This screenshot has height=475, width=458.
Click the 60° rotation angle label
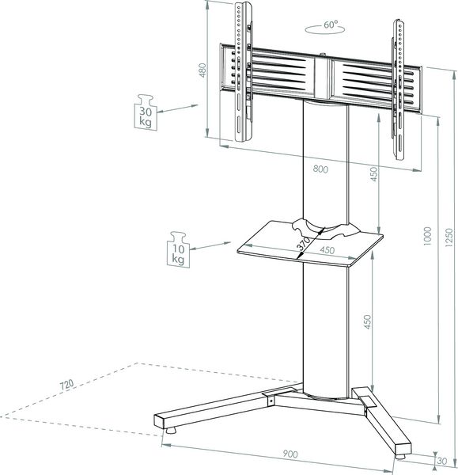coord(331,25)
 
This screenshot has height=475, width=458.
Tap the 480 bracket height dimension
coord(203,70)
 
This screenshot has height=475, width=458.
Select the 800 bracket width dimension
coord(320,169)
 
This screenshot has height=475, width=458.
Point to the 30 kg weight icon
coord(146,112)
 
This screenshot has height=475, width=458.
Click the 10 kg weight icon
coord(179,249)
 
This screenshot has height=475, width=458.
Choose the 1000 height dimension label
coord(427,236)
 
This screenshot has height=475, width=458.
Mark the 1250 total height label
coord(449,237)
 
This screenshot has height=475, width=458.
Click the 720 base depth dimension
coord(66,385)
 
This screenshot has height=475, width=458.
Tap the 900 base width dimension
coord(290,454)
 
